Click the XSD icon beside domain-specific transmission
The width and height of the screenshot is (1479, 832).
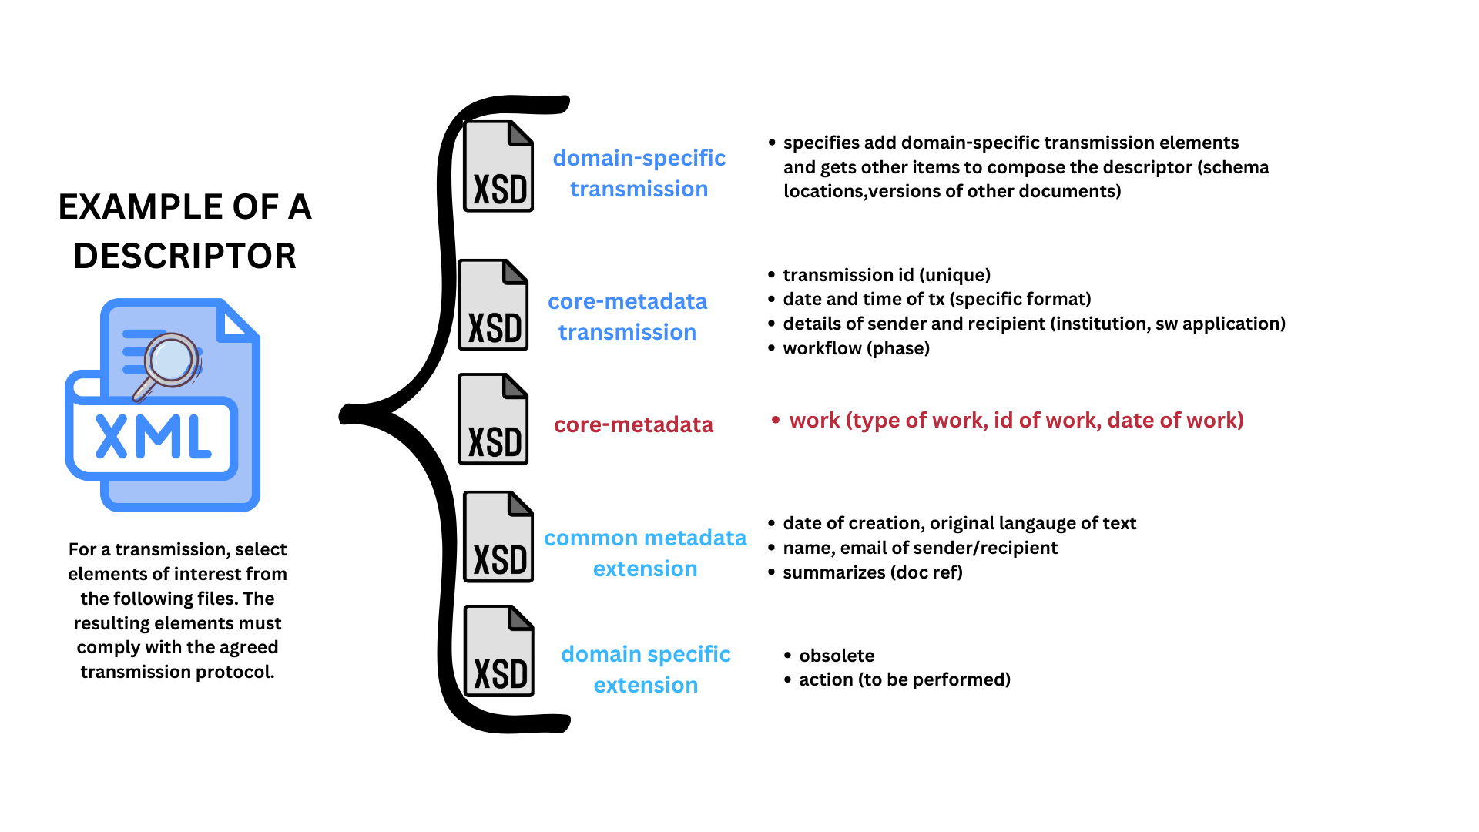click(x=498, y=166)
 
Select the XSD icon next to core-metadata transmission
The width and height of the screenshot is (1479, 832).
click(x=493, y=305)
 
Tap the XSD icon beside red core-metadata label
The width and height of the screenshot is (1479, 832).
click(x=493, y=419)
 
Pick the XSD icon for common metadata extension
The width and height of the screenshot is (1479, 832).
click(x=498, y=537)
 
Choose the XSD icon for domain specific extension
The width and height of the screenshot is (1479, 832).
click(x=498, y=651)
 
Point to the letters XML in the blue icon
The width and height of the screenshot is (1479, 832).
click(x=153, y=437)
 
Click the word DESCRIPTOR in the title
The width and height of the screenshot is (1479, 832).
click(x=185, y=256)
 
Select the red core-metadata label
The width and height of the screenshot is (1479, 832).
click(x=633, y=424)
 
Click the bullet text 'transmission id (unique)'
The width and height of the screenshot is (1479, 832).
click(x=887, y=275)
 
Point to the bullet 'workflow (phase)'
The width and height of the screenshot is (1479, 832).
click(x=856, y=348)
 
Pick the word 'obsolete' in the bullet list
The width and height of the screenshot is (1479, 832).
click(x=837, y=656)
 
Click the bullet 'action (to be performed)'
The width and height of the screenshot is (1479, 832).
click(x=904, y=679)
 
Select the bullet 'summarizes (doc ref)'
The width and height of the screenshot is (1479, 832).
click(x=873, y=572)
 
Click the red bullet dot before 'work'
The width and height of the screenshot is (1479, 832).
click(x=776, y=420)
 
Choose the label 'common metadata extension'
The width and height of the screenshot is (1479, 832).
click(x=645, y=553)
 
